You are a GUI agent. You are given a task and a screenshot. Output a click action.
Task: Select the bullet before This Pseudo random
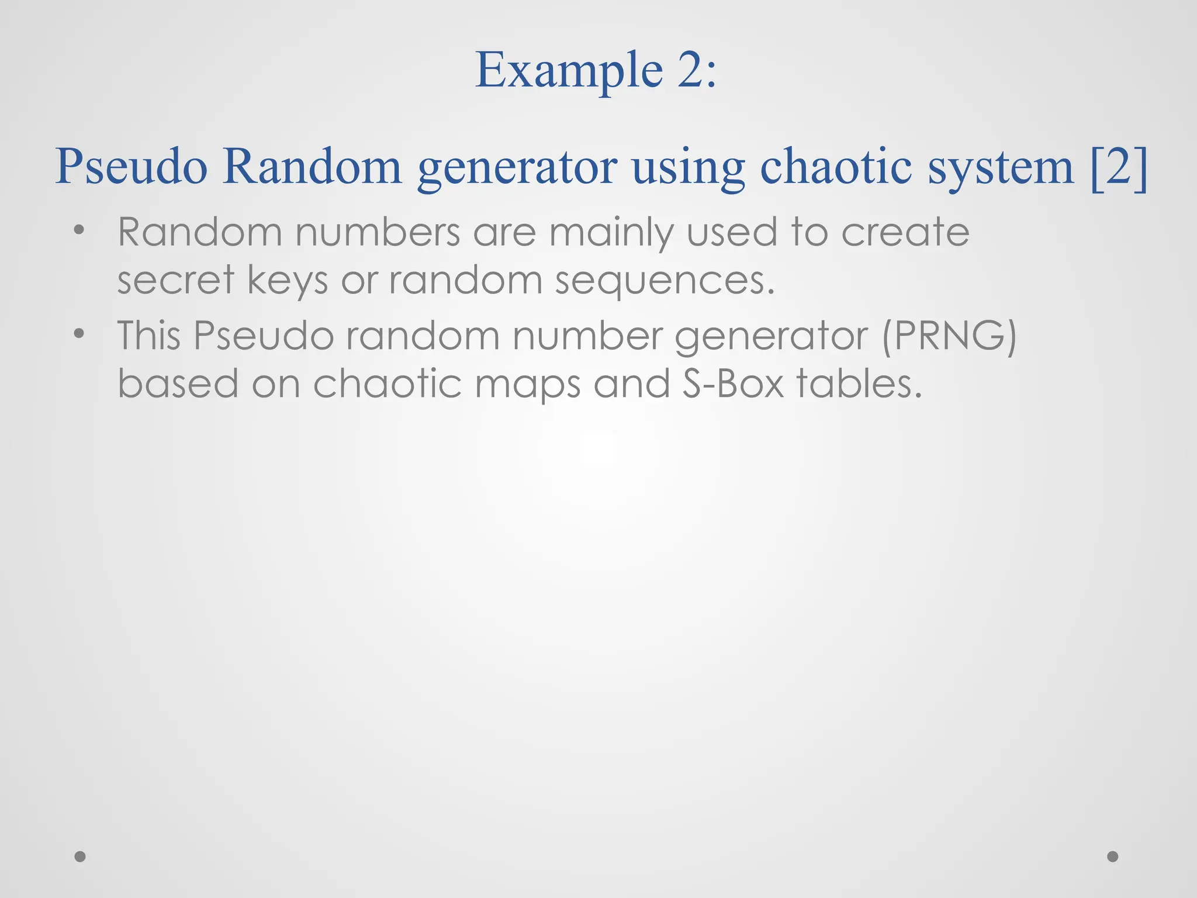pyautogui.click(x=79, y=334)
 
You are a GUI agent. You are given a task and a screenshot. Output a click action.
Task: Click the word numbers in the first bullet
pyautogui.click(x=378, y=232)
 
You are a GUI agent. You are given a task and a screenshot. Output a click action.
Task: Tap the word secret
pyautogui.click(x=175, y=280)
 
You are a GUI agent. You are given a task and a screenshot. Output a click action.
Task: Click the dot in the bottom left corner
pyautogui.click(x=81, y=856)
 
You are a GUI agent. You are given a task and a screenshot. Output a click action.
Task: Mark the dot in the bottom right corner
pyautogui.click(x=1113, y=856)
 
